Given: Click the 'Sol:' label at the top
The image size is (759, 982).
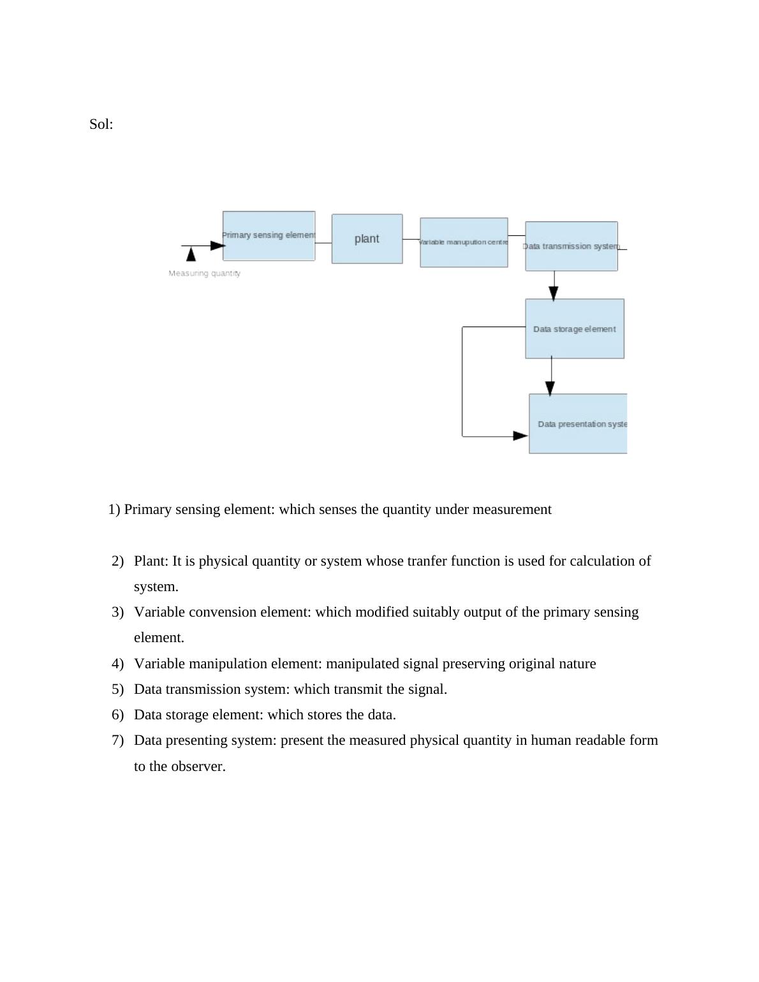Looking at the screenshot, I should pyautogui.click(x=101, y=124).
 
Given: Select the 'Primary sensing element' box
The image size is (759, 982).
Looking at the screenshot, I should pyautogui.click(x=269, y=236).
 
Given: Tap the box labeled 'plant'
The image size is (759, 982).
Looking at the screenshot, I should pyautogui.click(x=367, y=238).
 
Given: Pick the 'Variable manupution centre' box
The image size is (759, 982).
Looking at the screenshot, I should pyautogui.click(x=464, y=242).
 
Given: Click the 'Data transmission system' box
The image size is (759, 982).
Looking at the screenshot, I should pyautogui.click(x=571, y=246).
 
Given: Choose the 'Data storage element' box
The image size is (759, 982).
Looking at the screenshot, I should pyautogui.click(x=574, y=329).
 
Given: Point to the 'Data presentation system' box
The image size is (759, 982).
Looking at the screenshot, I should pyautogui.click(x=578, y=424).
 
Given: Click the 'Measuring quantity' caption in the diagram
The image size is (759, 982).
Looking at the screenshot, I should pyautogui.click(x=204, y=274).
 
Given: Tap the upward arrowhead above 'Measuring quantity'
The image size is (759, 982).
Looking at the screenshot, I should pyautogui.click(x=191, y=254).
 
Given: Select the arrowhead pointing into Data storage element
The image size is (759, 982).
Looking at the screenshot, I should pyautogui.click(x=554, y=293).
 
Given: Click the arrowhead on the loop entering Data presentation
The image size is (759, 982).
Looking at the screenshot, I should pyautogui.click(x=520, y=436).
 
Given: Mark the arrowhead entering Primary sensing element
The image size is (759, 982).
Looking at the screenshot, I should pyautogui.click(x=217, y=246).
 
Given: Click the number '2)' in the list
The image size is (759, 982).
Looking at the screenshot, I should pyautogui.click(x=117, y=561).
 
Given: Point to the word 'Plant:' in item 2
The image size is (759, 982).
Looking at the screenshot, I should pyautogui.click(x=151, y=561).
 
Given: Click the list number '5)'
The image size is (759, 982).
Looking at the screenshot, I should pyautogui.click(x=117, y=689).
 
